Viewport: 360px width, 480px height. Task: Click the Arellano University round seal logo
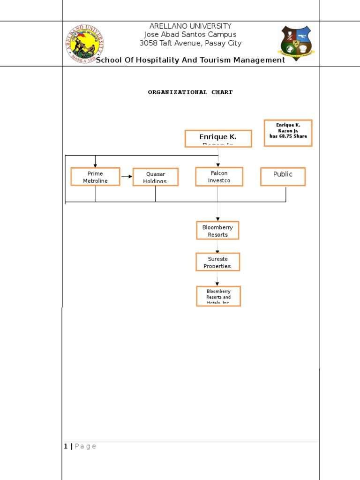tap(84, 44)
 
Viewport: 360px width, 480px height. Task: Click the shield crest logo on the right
tap(297, 44)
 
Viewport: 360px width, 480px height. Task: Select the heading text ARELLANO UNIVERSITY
tap(190, 26)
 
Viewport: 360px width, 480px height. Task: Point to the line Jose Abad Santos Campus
tap(190, 35)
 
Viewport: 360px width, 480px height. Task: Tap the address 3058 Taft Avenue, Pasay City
tap(190, 43)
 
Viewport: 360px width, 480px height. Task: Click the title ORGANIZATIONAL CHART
tap(190, 92)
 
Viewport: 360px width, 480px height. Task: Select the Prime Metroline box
tap(95, 177)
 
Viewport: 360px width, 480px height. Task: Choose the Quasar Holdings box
tap(156, 177)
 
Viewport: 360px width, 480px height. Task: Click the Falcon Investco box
tap(219, 177)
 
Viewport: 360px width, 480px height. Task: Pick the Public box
tap(283, 177)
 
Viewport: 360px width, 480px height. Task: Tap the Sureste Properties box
tap(217, 262)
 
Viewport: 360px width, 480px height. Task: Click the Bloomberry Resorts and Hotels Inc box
tap(218, 296)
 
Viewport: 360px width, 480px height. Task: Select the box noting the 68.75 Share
tap(288, 133)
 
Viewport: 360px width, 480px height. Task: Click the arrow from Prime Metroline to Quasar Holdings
tap(127, 177)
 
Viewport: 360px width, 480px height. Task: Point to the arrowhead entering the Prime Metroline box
tap(95, 165)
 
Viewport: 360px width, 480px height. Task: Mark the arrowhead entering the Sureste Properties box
tap(217, 252)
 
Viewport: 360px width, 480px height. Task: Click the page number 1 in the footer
tap(66, 446)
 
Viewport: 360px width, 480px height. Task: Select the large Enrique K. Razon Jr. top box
tap(218, 139)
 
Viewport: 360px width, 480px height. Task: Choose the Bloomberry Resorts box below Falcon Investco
tap(217, 231)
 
